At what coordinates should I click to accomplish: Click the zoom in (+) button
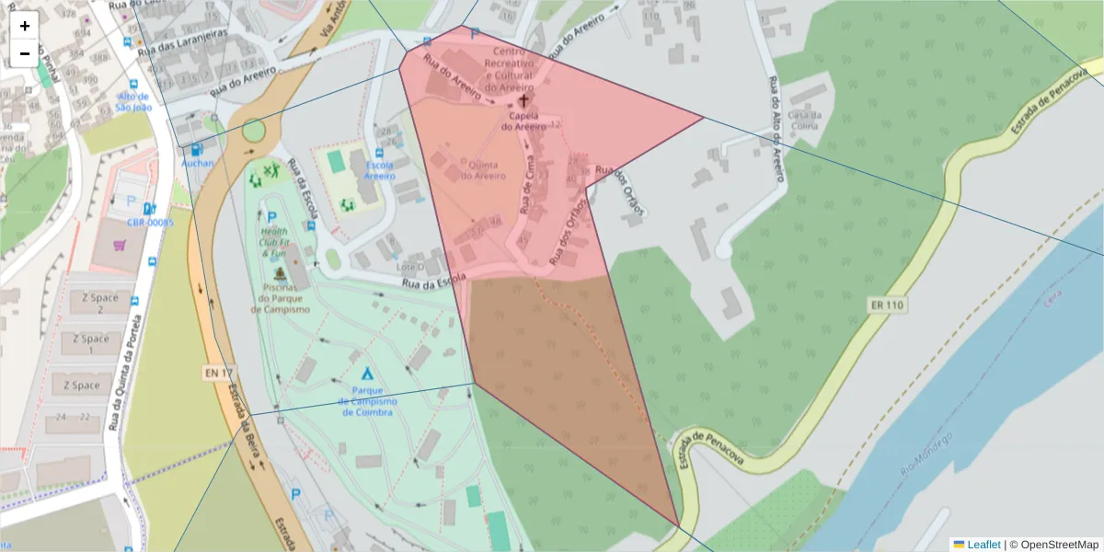coord(25,26)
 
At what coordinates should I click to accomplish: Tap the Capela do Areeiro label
coord(523,121)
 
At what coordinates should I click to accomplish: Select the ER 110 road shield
coord(885,304)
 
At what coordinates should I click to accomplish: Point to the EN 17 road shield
coord(213,373)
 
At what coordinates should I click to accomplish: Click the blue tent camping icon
coord(367,374)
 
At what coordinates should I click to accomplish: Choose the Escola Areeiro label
coord(378,170)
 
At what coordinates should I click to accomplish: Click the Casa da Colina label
coord(802,121)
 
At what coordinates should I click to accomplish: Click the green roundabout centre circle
coord(254,131)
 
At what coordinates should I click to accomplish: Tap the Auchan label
coord(197,164)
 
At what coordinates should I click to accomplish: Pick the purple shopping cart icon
coord(120,246)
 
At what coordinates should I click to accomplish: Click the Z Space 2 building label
coord(100,303)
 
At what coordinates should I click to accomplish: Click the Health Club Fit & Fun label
coord(273,242)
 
